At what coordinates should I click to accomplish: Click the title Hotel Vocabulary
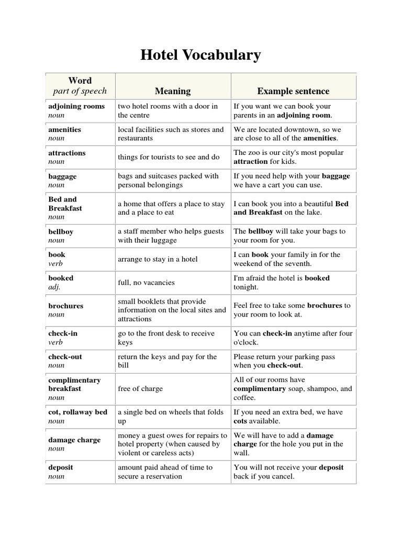click(x=200, y=55)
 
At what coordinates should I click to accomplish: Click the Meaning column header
click(x=173, y=91)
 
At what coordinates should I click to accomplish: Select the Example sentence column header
click(x=293, y=91)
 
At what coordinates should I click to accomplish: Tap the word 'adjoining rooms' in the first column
click(x=76, y=106)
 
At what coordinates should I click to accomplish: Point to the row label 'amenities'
click(x=64, y=129)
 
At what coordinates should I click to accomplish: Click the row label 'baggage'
click(x=62, y=176)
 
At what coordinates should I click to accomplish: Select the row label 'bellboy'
click(x=62, y=231)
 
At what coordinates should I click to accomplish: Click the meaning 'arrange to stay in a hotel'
click(x=158, y=259)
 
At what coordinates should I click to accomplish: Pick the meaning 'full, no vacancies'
click(x=146, y=283)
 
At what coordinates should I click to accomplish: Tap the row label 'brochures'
click(x=65, y=306)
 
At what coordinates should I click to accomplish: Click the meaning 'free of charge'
click(x=140, y=389)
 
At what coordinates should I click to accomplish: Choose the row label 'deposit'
click(x=61, y=467)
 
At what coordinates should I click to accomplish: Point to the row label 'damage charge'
click(x=74, y=440)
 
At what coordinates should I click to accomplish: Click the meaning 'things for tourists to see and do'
click(x=168, y=157)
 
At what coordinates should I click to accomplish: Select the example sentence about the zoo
click(x=288, y=157)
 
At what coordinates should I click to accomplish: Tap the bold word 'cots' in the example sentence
click(x=241, y=421)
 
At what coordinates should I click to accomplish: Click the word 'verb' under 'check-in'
click(x=56, y=342)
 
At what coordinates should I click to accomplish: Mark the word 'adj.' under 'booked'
click(x=55, y=287)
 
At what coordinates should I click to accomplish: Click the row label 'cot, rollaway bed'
click(x=77, y=412)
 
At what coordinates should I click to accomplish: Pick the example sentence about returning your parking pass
click(x=284, y=361)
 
